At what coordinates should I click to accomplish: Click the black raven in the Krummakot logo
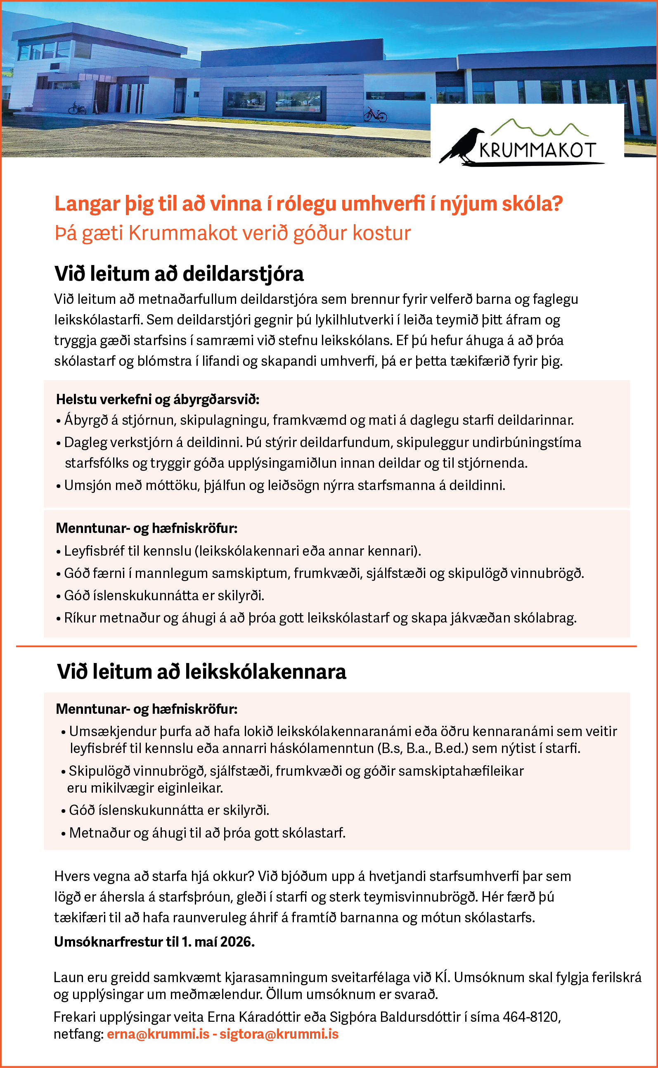[463, 146]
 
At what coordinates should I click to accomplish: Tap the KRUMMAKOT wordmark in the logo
[537, 151]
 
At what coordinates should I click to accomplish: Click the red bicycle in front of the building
[375, 115]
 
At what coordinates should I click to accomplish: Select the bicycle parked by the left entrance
[77, 107]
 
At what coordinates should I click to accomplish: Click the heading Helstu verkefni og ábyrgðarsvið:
[158, 399]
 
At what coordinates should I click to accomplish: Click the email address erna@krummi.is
[158, 1034]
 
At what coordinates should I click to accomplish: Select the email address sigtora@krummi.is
[279, 1034]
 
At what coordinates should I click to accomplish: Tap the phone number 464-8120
[531, 1017]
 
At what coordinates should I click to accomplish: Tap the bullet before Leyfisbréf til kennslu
[58, 552]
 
